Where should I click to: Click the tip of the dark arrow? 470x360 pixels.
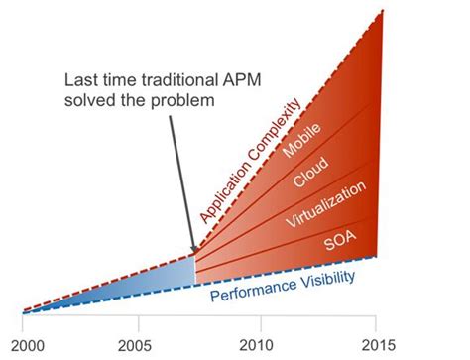193,247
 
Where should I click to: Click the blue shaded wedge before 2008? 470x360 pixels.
149,283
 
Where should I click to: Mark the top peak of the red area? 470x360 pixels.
382,12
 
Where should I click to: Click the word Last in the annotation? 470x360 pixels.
81,78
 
